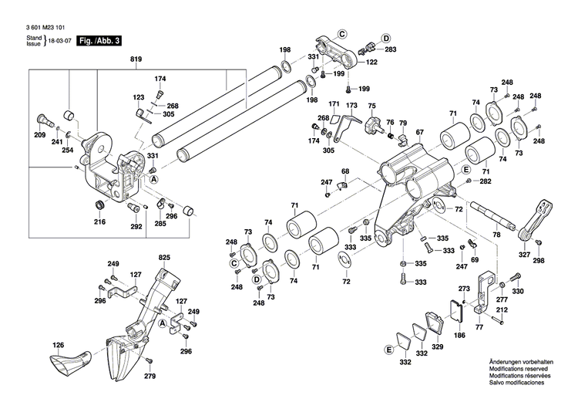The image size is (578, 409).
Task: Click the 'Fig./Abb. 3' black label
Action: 100,39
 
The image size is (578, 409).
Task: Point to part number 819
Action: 136,59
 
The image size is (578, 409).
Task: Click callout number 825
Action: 164,256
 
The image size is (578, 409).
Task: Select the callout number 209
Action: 39,136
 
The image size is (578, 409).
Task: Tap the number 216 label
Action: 99,222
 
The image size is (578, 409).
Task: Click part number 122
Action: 371,63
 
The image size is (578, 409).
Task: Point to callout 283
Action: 391,49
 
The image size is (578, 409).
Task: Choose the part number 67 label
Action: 420,133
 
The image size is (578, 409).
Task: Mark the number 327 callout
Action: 524,254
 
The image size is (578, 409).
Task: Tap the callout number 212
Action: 501,309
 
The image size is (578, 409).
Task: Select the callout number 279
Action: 150,376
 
